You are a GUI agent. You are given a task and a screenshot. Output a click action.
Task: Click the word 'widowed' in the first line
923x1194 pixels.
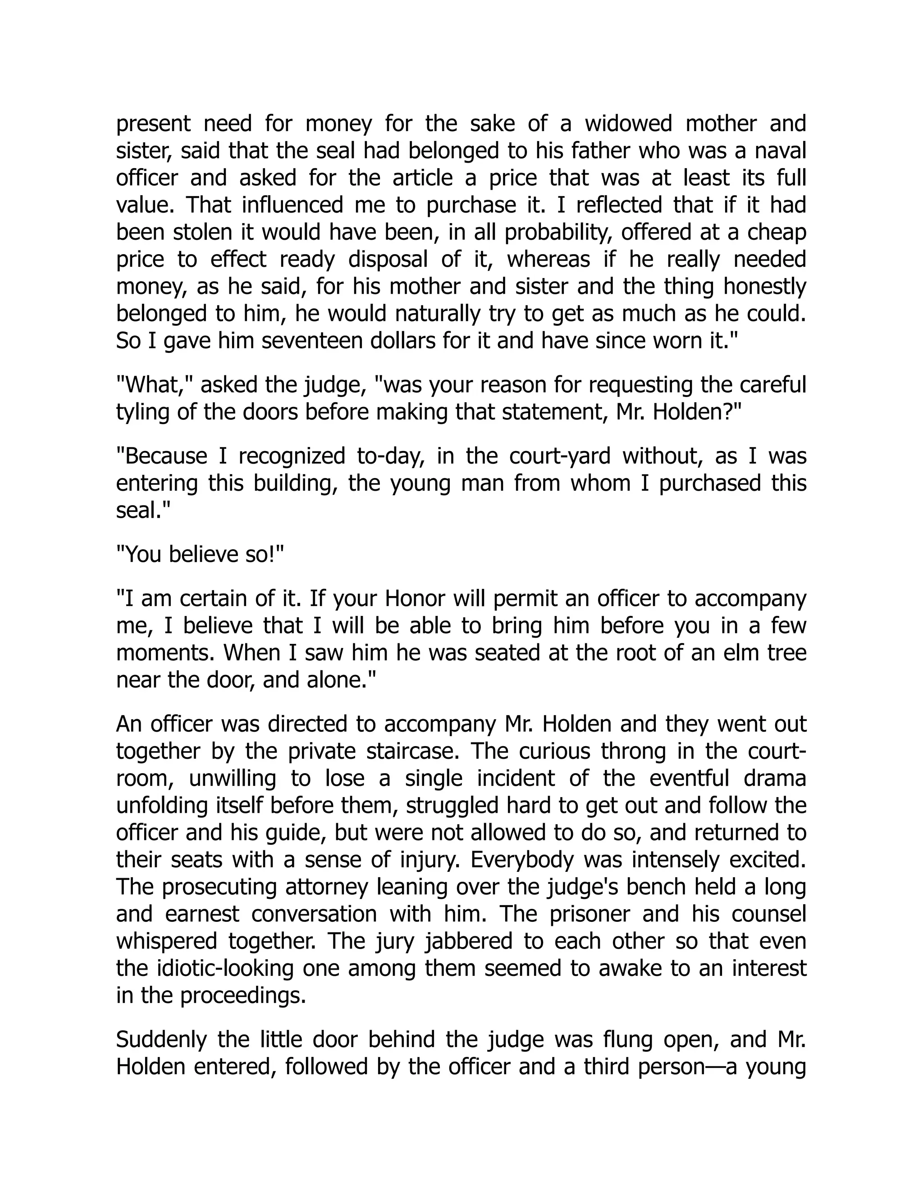628,124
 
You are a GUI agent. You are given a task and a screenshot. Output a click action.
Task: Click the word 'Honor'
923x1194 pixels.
416,599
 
